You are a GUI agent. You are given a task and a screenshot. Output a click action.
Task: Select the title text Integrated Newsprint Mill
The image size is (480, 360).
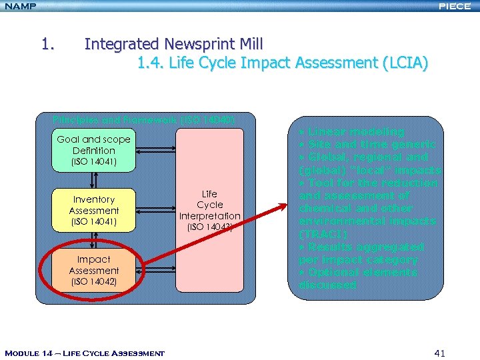tap(173, 45)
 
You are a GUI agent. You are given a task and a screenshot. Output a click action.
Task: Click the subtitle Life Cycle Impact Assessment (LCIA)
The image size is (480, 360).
tap(283, 63)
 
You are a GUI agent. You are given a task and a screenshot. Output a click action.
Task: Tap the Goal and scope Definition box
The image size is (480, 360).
tap(94, 151)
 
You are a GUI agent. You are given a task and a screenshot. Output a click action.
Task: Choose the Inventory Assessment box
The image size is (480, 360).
tap(94, 210)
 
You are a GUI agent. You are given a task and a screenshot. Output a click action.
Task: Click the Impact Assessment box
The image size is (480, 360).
tap(94, 270)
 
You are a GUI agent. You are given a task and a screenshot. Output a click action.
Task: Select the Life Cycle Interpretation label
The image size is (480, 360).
tap(209, 205)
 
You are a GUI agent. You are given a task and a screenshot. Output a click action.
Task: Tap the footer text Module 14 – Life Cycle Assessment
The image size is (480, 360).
tap(84, 353)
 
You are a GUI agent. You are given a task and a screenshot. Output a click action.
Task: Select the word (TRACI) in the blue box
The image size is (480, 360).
tap(325, 234)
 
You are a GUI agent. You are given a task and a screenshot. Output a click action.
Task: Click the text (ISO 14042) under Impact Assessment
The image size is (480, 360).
tap(94, 282)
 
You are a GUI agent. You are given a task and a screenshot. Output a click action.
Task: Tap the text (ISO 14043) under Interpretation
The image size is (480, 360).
tap(209, 227)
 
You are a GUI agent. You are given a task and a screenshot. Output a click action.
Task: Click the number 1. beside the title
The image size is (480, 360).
tap(47, 45)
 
